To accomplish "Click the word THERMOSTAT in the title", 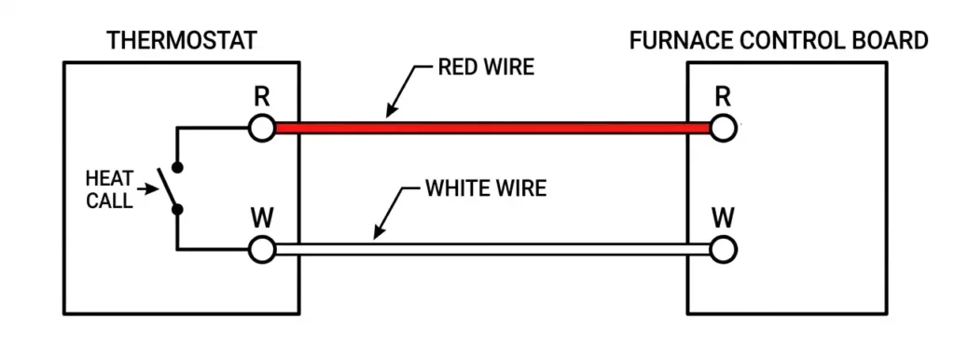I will click(x=182, y=40).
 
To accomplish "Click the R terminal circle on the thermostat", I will click(x=263, y=128).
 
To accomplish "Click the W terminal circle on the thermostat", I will click(x=263, y=248).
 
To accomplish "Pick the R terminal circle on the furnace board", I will click(x=721, y=128).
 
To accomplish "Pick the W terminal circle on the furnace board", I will click(x=721, y=248).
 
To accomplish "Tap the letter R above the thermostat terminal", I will click(x=262, y=97).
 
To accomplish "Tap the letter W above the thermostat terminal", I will click(x=262, y=218).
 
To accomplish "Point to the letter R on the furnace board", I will click(x=721, y=97).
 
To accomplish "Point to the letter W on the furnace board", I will click(x=721, y=218).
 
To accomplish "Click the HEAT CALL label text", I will click(x=109, y=189).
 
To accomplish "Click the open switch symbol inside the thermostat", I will click(x=171, y=189).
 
